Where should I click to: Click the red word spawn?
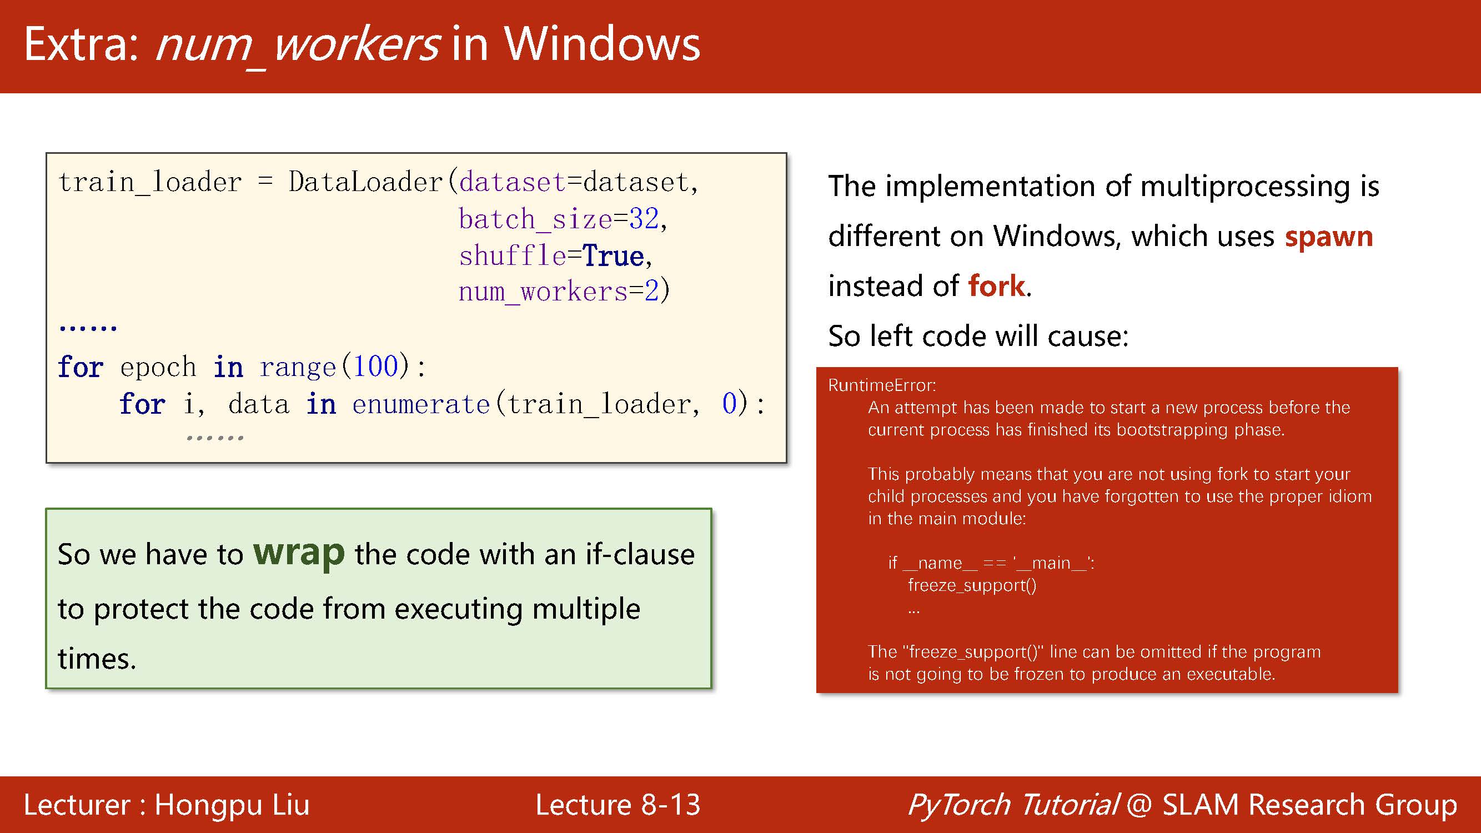point(1329,237)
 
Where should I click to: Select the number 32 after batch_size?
point(644,219)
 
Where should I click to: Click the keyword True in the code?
point(613,256)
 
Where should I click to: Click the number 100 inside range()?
point(375,366)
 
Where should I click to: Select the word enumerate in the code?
point(421,404)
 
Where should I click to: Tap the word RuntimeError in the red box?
point(881,385)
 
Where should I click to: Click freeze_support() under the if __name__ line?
point(972,585)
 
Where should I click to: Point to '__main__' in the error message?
point(1052,563)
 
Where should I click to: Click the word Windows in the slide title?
point(602,44)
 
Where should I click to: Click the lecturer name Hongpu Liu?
point(232,804)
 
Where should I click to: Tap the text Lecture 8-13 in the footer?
point(617,804)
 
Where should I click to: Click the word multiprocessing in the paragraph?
point(1244,187)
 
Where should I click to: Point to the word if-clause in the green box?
point(640,554)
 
